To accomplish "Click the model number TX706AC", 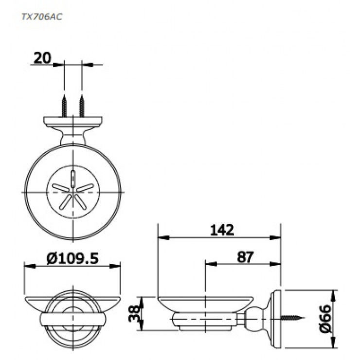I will (41, 16).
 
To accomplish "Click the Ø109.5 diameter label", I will (72, 258).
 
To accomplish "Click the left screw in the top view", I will (64, 105).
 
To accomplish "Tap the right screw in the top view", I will (81, 105).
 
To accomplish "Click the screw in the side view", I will (292, 319).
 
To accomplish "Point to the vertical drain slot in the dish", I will (72, 176).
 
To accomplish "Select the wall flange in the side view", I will (276, 319).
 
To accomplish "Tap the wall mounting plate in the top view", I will (72, 121).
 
